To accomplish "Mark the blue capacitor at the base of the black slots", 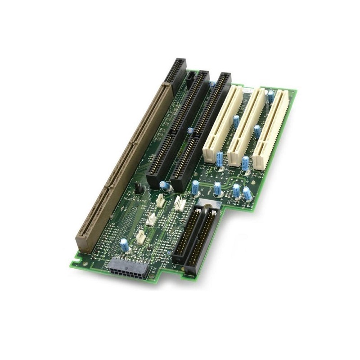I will click(x=164, y=185).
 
